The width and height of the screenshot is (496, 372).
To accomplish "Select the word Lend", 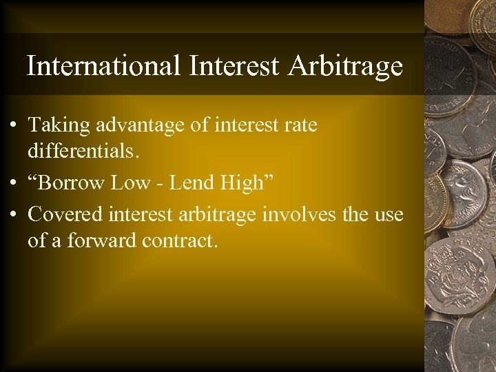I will point(191,183).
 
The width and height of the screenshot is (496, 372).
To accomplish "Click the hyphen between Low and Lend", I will point(162,183).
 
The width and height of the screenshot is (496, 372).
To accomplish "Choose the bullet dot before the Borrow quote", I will point(14,184).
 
